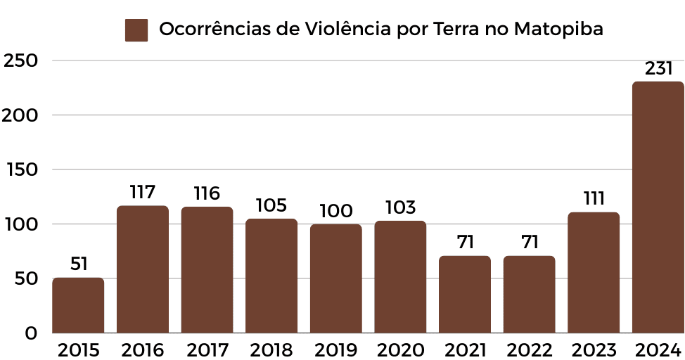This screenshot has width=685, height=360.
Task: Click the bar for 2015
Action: [x=78, y=305]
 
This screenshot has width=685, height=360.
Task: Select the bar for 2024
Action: [x=658, y=207]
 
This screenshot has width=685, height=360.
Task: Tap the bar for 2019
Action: [x=336, y=278]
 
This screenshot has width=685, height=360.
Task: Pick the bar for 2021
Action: [x=465, y=294]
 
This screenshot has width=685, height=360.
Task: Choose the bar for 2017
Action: [x=207, y=270]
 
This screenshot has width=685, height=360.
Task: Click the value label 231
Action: [x=659, y=69]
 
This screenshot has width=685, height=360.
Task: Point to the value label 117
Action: [x=142, y=192]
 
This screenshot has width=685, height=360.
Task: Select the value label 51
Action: [x=78, y=264]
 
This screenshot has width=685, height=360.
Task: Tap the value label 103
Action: [x=400, y=207]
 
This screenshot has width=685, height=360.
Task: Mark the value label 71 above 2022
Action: [x=529, y=243]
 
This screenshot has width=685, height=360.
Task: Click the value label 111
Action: [x=594, y=198]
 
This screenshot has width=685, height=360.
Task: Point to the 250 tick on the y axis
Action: [x=20, y=61]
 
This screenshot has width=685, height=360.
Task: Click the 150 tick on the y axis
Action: [x=20, y=170]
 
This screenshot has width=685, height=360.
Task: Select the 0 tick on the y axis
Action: [x=31, y=333]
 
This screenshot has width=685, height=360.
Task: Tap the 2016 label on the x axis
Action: [x=142, y=349]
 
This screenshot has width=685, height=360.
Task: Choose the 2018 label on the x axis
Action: [x=271, y=349]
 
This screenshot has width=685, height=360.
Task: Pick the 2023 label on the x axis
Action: [x=594, y=349]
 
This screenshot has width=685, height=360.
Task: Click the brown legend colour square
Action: [x=136, y=30]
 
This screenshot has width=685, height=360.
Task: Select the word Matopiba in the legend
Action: [x=558, y=30]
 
